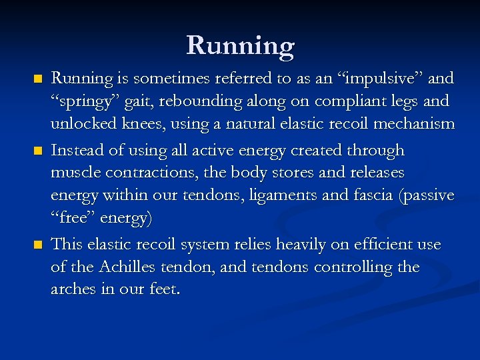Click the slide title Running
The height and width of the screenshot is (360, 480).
click(240, 45)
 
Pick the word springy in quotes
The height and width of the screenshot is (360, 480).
click(80, 101)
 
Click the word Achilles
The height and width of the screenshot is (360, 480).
click(131, 267)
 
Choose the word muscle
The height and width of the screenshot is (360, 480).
click(75, 173)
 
